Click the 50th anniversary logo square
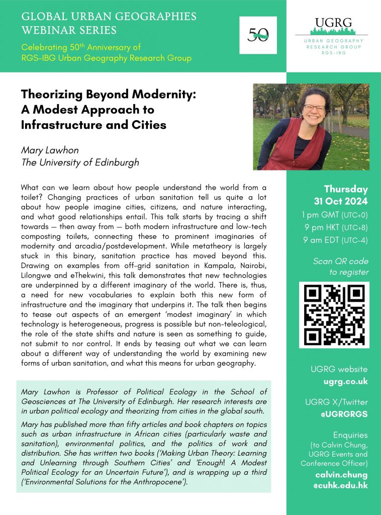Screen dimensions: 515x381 tap(258, 35)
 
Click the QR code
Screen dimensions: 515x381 tap(334, 314)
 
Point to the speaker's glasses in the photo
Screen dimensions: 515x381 tap(313, 107)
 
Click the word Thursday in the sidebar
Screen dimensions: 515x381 tap(346, 190)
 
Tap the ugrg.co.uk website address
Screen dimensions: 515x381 tap(346, 381)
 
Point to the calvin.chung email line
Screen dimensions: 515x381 tap(341, 475)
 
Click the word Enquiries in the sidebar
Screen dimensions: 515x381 tap(350, 435)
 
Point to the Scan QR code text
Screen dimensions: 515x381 tap(341, 261)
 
